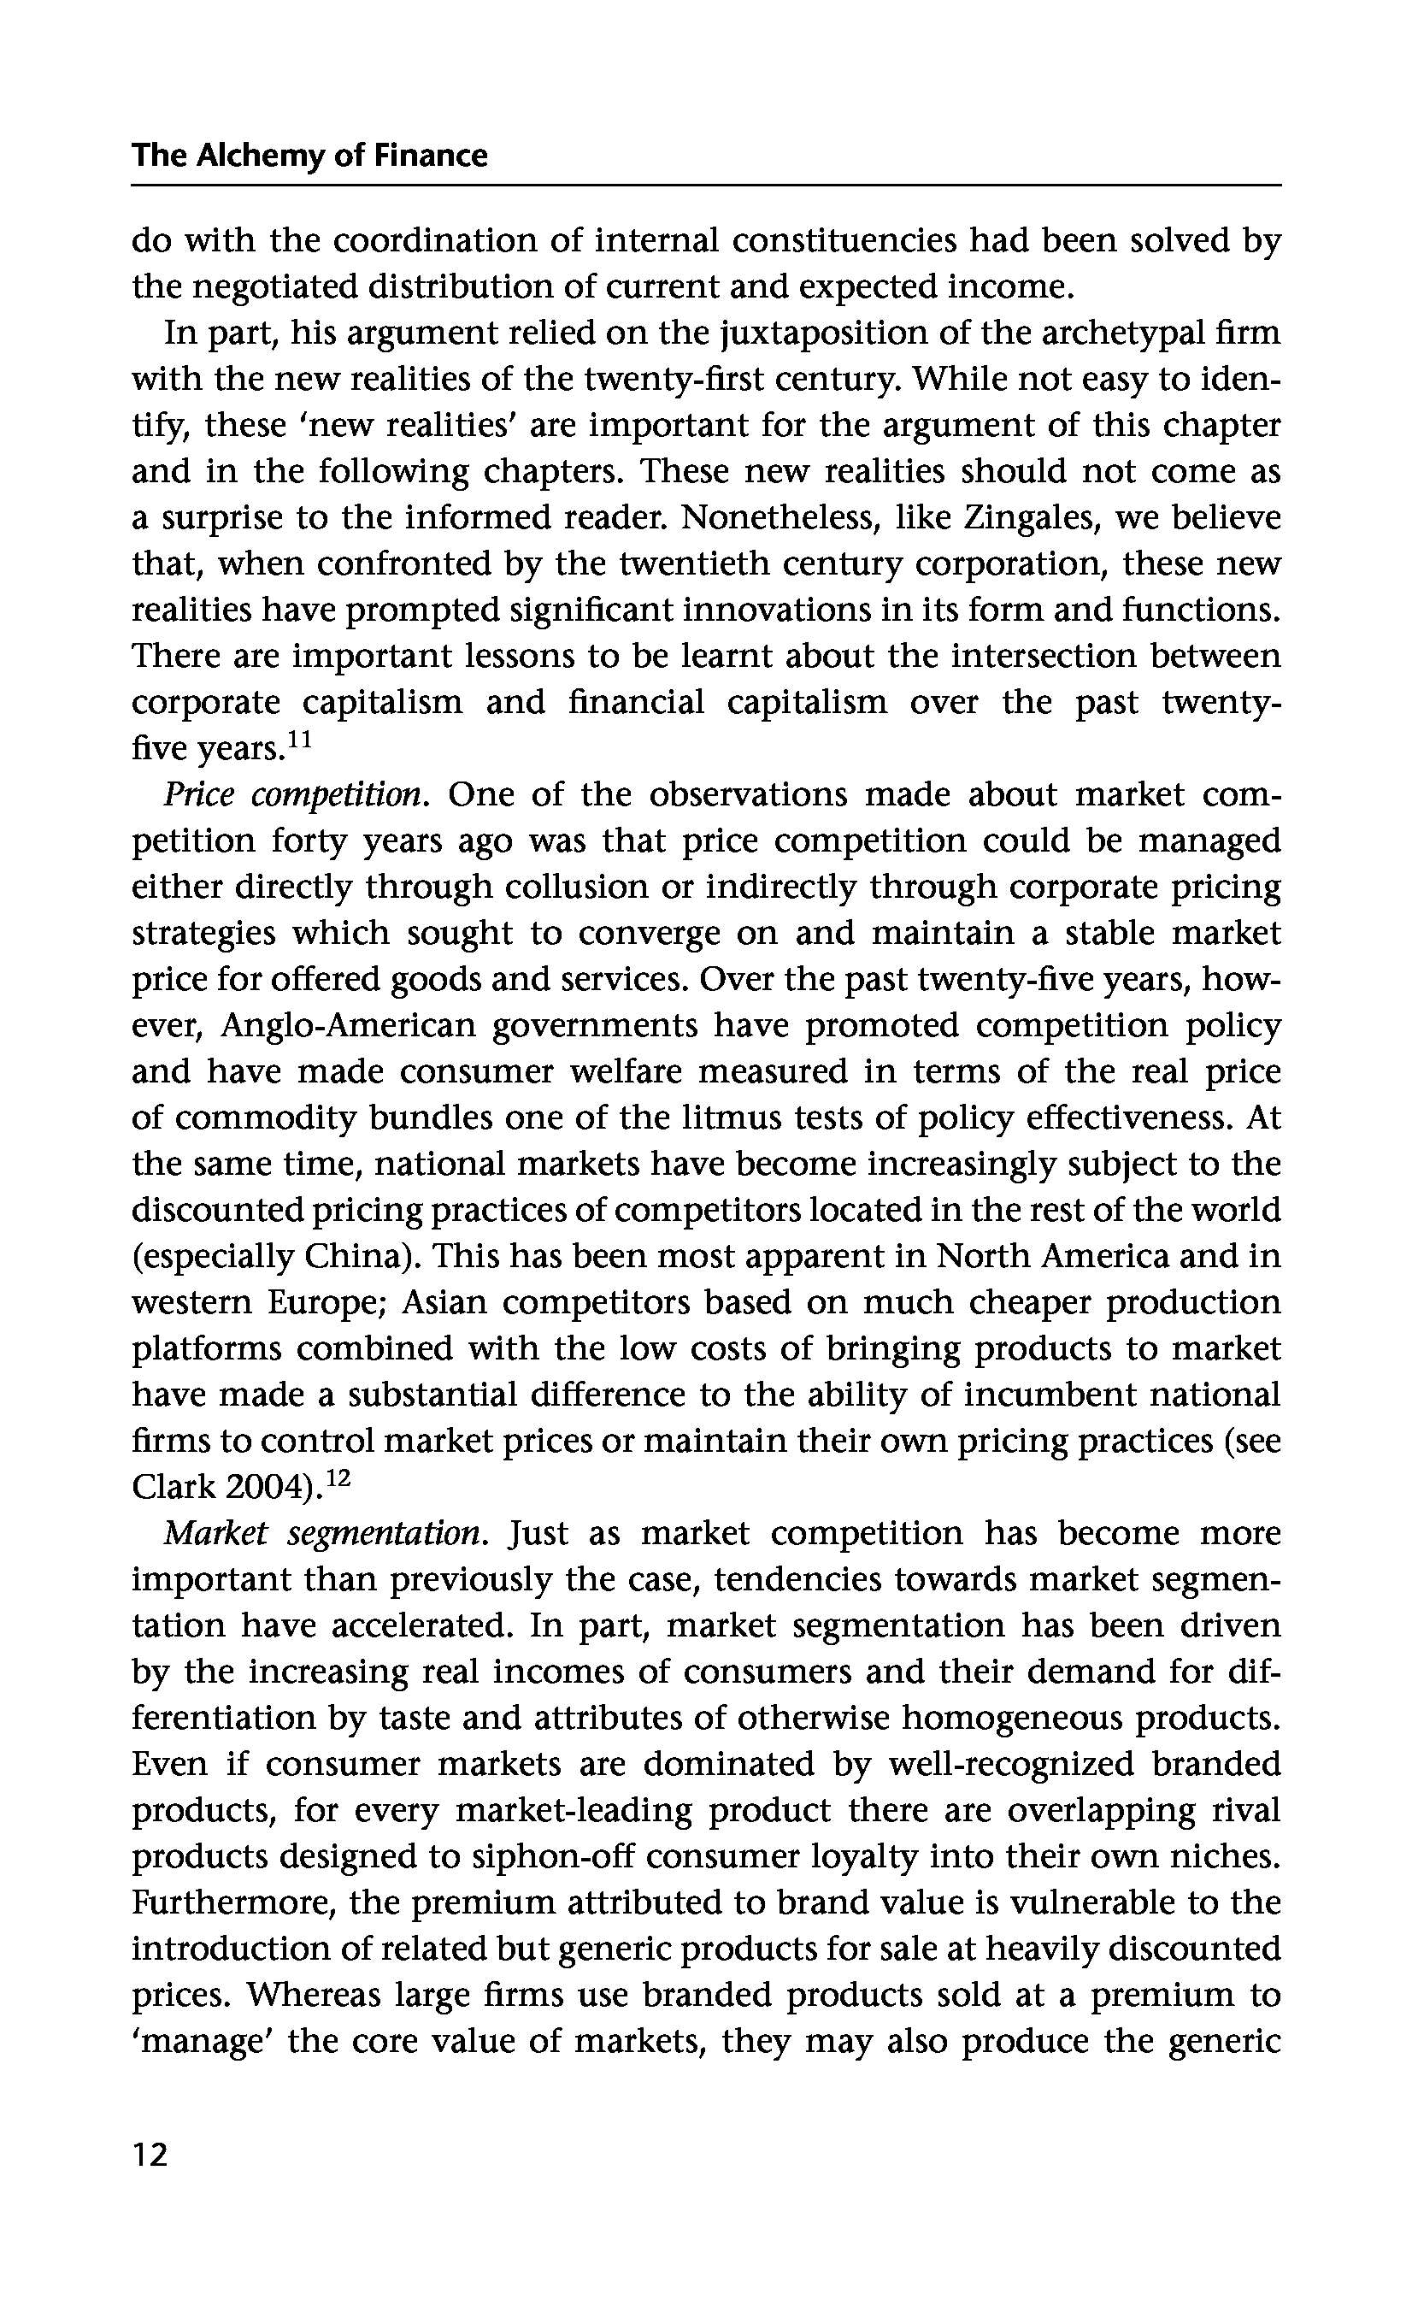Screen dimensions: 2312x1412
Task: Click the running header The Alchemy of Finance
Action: click(309, 155)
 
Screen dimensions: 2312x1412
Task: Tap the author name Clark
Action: click(174, 1487)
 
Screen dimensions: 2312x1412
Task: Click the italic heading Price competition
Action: click(296, 795)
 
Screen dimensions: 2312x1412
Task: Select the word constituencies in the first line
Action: click(844, 241)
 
